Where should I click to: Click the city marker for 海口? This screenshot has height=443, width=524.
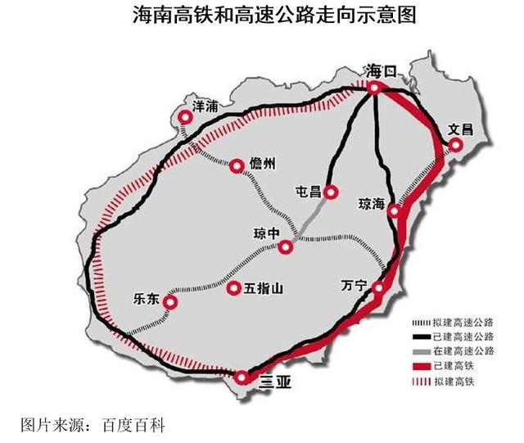click(373, 88)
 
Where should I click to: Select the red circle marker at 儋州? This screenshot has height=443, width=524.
click(237, 166)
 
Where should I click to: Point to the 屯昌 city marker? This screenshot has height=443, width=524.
click(331, 192)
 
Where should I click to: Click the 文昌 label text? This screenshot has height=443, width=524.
click(461, 129)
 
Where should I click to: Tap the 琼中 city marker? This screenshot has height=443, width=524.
click(286, 247)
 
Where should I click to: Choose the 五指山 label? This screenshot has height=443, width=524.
click(264, 288)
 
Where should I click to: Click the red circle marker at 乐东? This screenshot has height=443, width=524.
click(170, 303)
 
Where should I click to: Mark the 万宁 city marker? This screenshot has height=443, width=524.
click(378, 288)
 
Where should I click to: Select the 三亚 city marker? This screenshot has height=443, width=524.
click(242, 377)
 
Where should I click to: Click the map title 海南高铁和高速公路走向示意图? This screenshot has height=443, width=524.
click(262, 16)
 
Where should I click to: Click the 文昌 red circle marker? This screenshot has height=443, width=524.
click(455, 146)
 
